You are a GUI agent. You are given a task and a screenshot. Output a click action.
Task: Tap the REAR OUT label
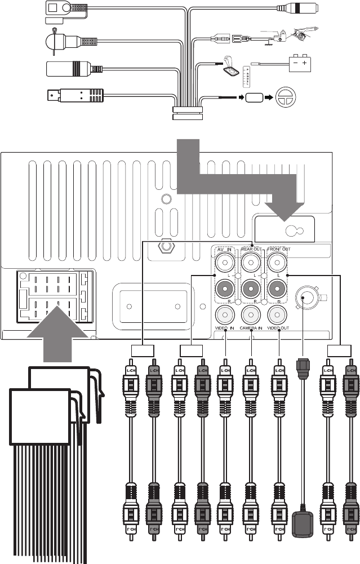click(252, 249)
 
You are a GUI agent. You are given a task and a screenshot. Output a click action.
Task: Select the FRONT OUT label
click(279, 249)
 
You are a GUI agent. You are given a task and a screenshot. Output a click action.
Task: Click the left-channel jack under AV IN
click(225, 261)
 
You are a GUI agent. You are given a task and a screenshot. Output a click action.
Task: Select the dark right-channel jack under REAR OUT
click(252, 288)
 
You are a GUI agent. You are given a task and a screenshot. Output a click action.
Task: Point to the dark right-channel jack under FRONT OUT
click(278, 288)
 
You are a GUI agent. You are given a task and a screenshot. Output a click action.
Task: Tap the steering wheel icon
click(289, 97)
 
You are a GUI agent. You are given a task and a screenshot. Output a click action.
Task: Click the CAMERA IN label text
click(252, 327)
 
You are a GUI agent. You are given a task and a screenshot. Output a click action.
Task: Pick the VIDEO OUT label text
click(279, 327)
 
